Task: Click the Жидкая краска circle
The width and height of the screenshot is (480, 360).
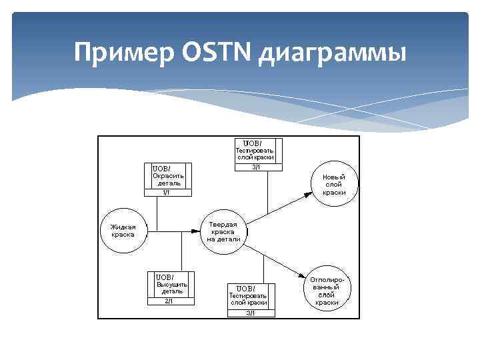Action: click(x=123, y=231)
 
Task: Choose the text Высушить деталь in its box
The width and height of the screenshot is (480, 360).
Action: click(x=172, y=288)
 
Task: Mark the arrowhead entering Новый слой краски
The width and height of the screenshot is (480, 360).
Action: click(x=308, y=194)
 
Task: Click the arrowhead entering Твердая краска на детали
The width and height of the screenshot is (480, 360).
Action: click(x=196, y=231)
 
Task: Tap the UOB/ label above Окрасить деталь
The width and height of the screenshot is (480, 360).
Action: click(x=163, y=168)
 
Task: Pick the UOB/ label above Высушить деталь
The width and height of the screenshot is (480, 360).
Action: click(x=165, y=277)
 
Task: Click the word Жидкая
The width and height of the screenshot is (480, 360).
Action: click(x=123, y=227)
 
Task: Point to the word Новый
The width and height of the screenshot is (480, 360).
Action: click(x=335, y=177)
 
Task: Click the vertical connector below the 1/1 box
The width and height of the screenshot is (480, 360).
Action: click(x=158, y=213)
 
